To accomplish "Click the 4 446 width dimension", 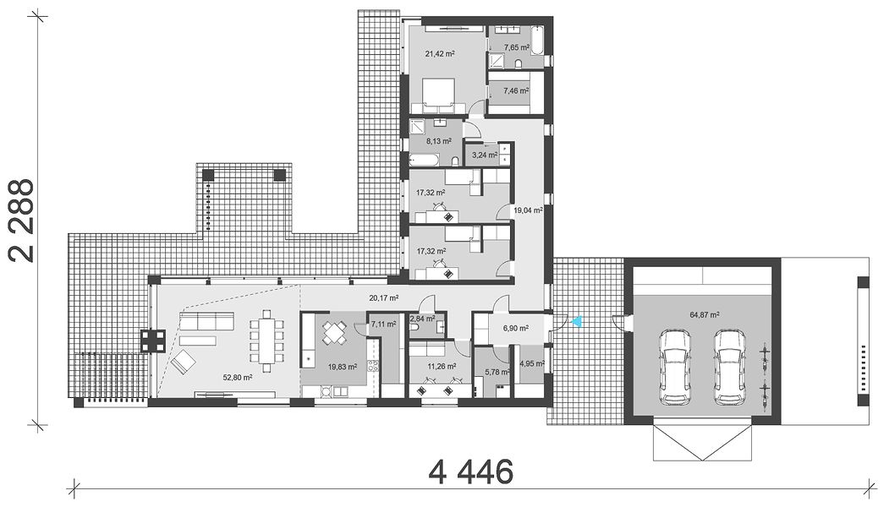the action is (471, 472).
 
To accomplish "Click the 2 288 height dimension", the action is (23, 221).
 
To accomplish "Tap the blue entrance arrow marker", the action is (577, 321).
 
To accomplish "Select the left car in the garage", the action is (675, 368).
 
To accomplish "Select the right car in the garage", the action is (730, 368).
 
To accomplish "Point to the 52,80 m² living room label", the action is (239, 377).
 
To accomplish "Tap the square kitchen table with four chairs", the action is (334, 333).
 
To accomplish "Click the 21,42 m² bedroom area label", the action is (440, 54).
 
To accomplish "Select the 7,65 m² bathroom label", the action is (516, 47).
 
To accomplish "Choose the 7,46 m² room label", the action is (516, 90).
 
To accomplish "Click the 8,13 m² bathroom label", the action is (439, 140).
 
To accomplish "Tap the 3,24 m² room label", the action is (485, 155).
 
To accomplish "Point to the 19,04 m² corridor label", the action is (529, 210).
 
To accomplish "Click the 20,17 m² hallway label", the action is (383, 297).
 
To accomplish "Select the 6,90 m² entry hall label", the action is (515, 328).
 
